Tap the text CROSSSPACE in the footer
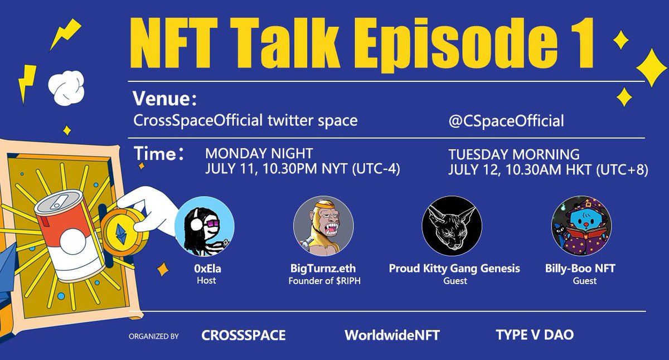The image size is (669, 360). [x=243, y=335]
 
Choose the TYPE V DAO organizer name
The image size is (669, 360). [x=535, y=335]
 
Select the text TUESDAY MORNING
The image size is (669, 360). [x=514, y=153]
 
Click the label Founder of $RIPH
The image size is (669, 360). [x=323, y=280]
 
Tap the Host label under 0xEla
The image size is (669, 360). [x=206, y=280]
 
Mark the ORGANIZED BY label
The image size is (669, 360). [x=153, y=336]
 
